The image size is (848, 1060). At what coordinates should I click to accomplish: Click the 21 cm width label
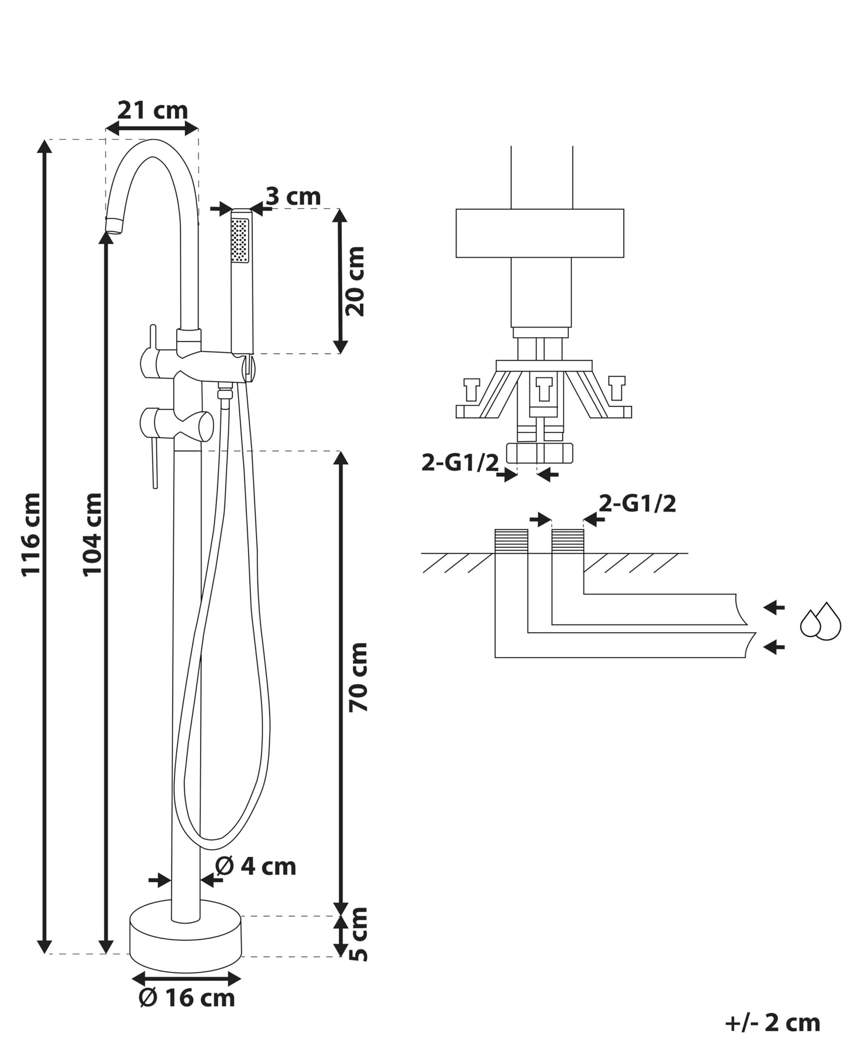click(x=152, y=111)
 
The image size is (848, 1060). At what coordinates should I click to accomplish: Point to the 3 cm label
click(x=294, y=197)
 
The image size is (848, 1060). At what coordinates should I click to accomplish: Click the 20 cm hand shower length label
click(x=355, y=281)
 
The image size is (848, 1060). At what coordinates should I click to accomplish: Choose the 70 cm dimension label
click(x=358, y=677)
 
